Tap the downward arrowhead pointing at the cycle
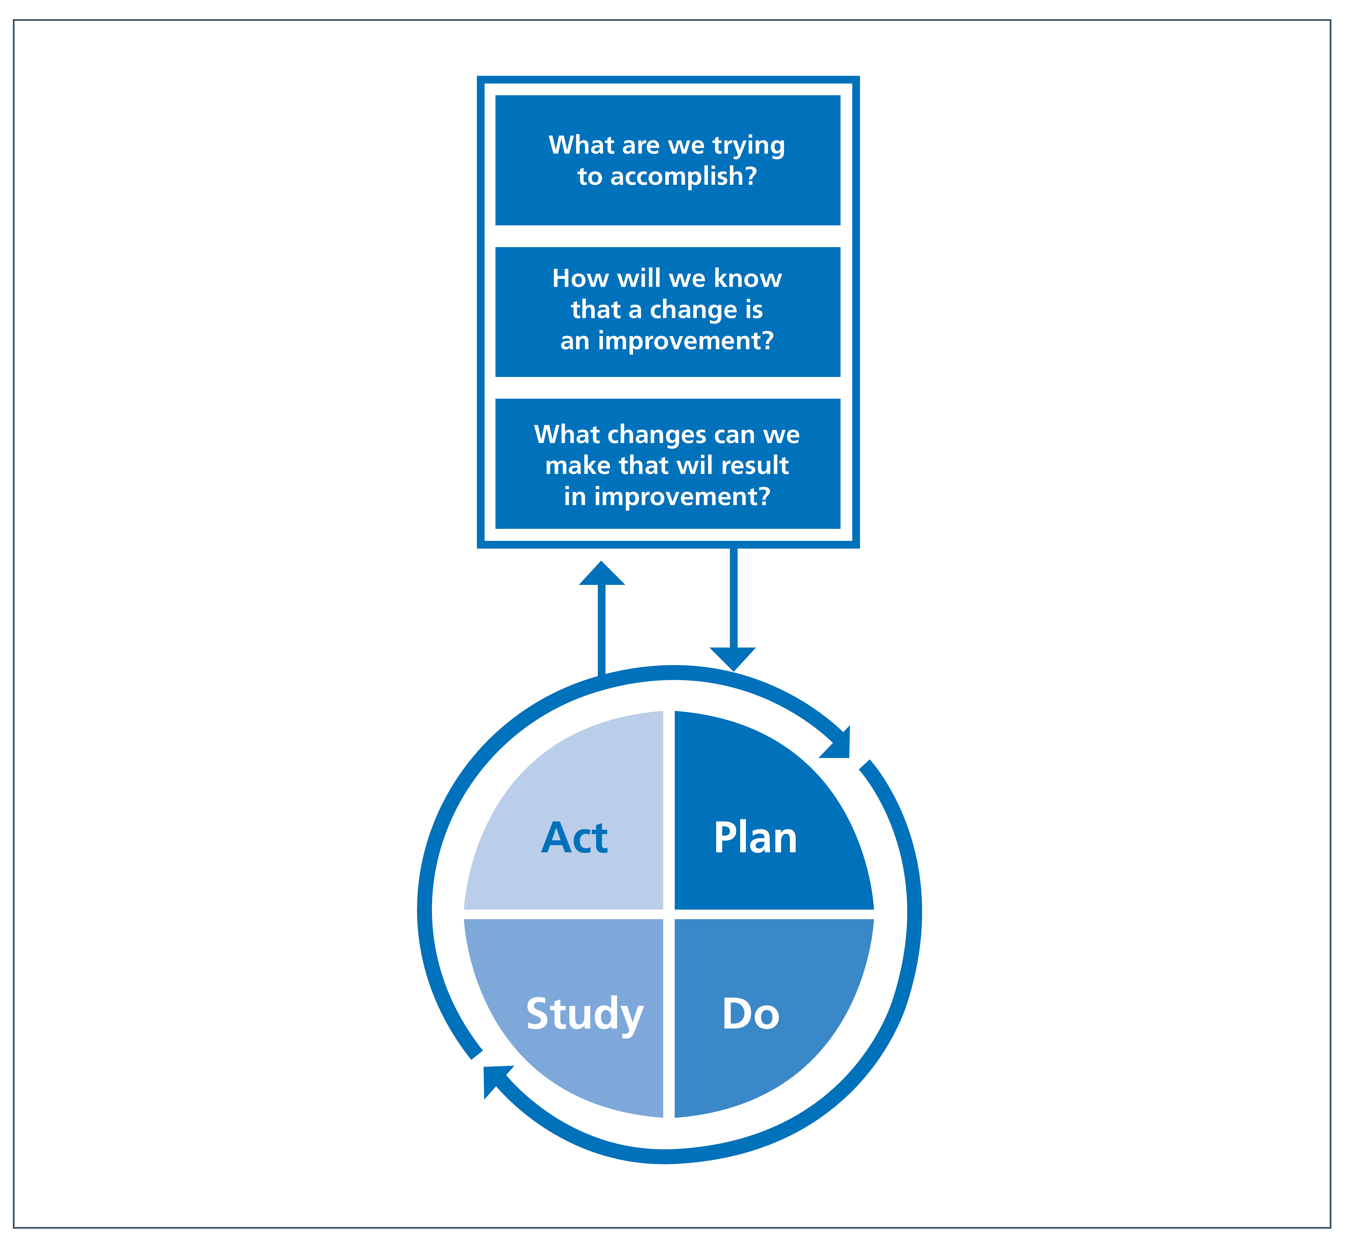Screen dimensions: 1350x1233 tap(733, 659)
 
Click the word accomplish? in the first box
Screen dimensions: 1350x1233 tap(684, 176)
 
